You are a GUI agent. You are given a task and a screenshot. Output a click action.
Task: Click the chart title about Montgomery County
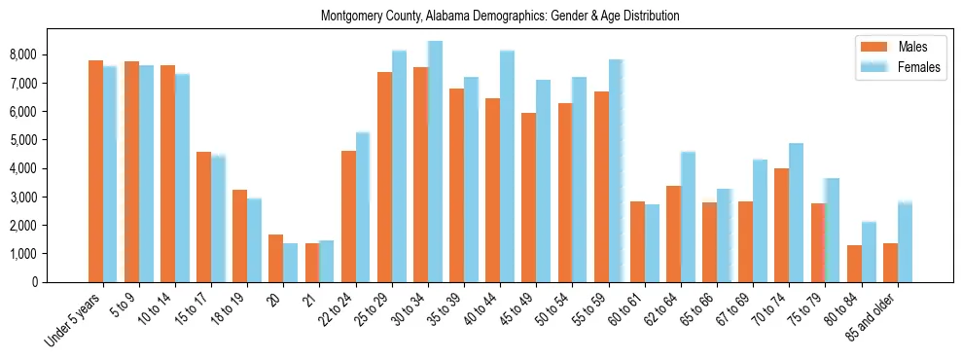[x=500, y=17]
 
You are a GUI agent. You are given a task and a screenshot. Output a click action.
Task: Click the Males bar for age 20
[x=275, y=258]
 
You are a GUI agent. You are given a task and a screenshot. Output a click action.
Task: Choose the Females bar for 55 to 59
[x=616, y=171]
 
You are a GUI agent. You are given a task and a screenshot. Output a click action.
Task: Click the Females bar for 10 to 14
[x=182, y=178]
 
